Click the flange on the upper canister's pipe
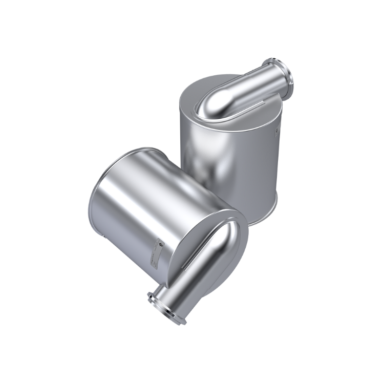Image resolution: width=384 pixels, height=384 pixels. (x=288, y=76)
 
